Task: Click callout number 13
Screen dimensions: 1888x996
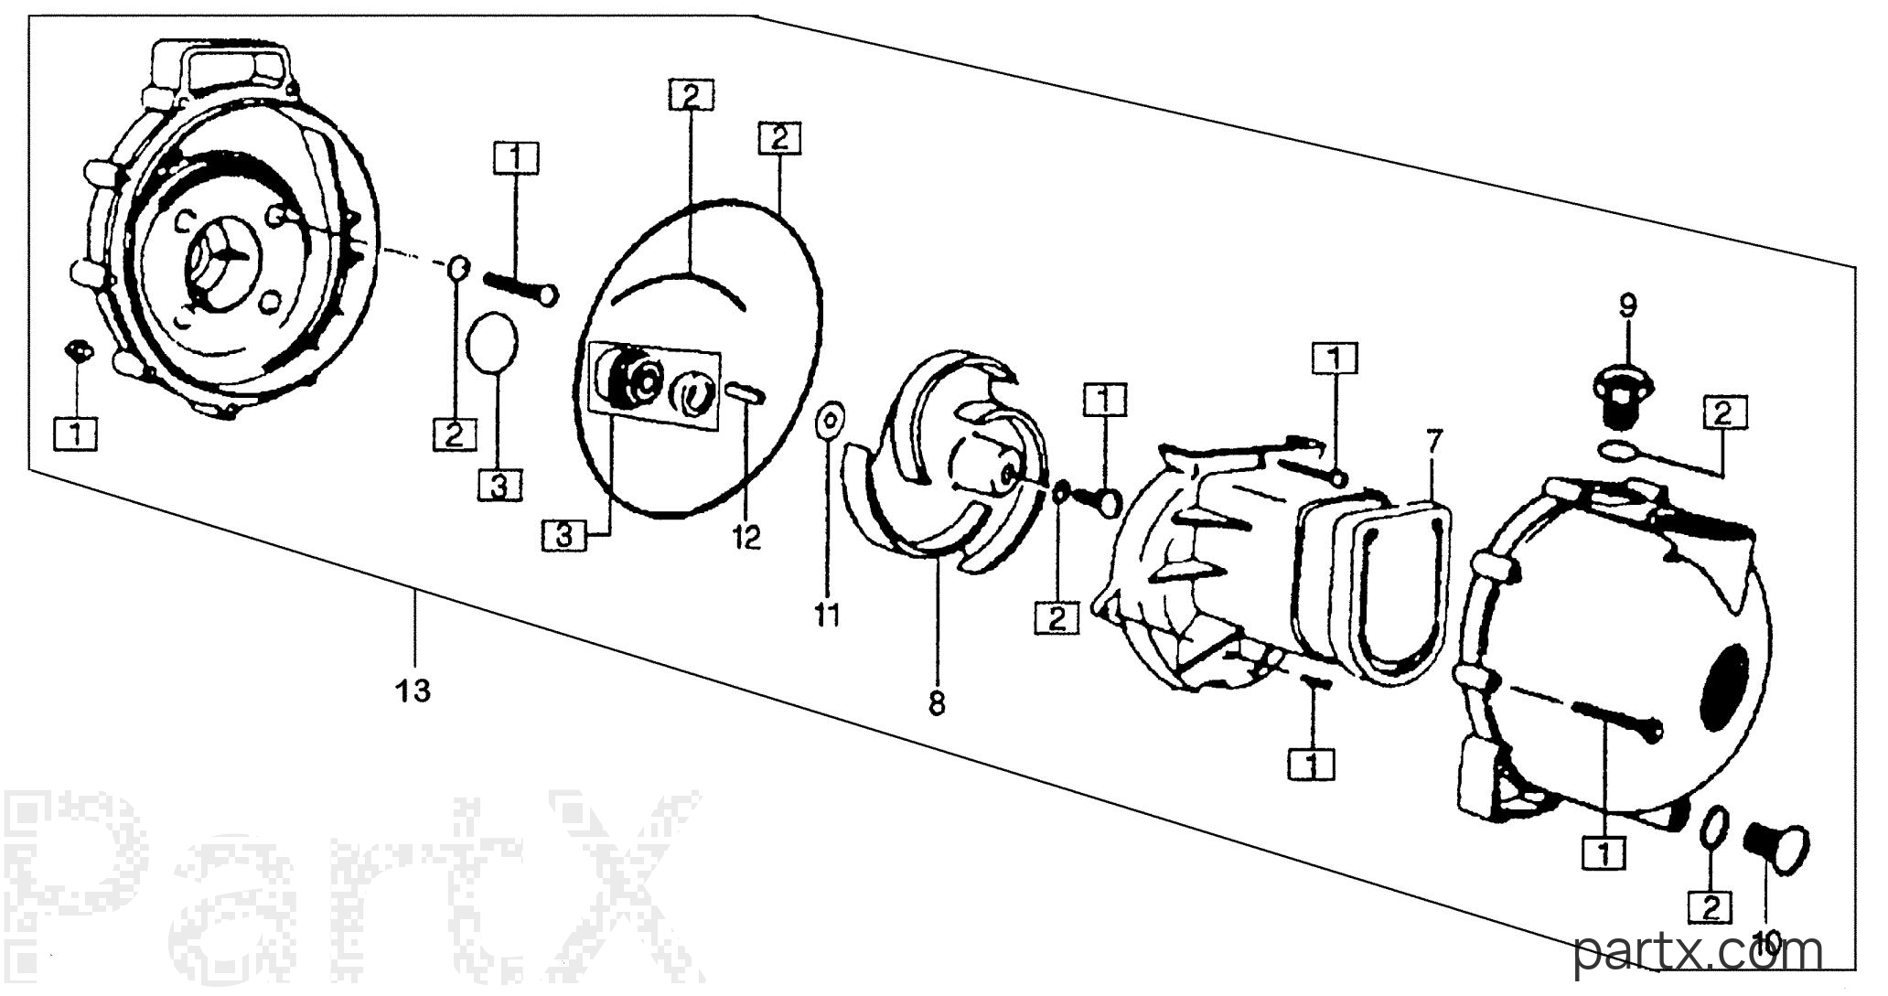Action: [413, 691]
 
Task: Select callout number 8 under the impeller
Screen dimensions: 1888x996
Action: [937, 704]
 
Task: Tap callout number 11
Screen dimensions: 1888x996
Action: [828, 616]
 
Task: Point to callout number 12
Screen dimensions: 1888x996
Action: [746, 537]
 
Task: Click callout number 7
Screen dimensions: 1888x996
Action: [1433, 442]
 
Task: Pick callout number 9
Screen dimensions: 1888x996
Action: [1627, 305]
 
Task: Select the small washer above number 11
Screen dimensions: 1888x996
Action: [828, 420]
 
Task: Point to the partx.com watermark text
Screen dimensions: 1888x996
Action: [1699, 954]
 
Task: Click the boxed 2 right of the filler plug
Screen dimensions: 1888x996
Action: [1723, 413]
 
